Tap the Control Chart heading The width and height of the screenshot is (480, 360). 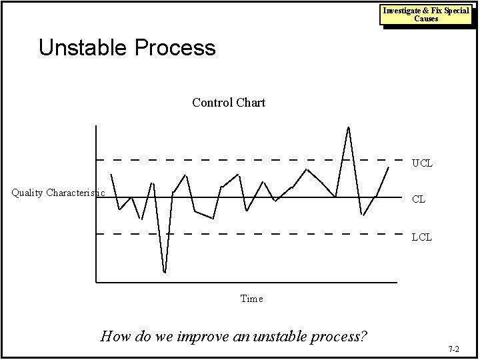pos(229,103)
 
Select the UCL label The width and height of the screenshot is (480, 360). pos(422,163)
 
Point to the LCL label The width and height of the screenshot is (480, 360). pos(422,237)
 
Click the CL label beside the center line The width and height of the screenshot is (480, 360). pos(419,199)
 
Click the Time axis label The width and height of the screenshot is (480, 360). pos(251,299)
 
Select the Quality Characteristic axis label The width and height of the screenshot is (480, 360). pos(59,193)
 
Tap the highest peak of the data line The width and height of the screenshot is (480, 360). pos(349,127)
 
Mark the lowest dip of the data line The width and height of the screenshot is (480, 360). pos(165,272)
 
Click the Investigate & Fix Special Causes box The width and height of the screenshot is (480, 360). pos(426,14)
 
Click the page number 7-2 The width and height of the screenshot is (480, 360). pos(455,349)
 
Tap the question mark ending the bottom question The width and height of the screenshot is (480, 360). pos(363,335)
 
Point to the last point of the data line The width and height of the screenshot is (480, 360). pos(389,167)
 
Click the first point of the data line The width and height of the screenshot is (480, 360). pos(111,174)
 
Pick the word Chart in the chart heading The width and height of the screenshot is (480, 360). pos(249,103)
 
